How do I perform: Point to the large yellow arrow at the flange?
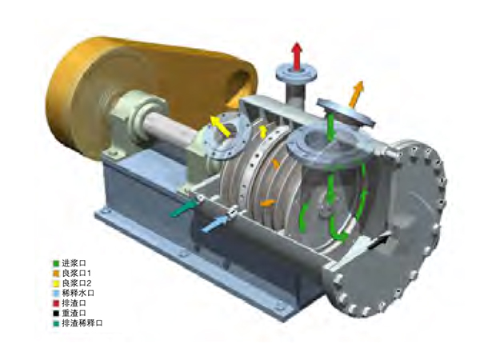[222, 126]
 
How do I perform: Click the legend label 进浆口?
[74, 262]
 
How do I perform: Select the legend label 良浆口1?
[77, 273]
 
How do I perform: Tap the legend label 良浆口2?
[77, 283]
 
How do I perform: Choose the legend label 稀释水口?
[78, 293]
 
